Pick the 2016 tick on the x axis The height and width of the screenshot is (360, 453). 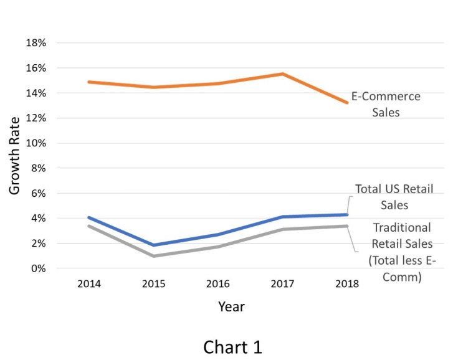(x=218, y=284)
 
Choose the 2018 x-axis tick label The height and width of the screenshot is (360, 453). (x=347, y=284)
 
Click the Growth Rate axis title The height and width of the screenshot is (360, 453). (x=15, y=156)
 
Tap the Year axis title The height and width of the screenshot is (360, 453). (x=231, y=306)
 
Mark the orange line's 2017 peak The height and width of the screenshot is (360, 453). (x=283, y=74)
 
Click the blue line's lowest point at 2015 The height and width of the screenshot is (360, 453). (x=153, y=245)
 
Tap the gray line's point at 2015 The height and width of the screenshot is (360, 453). (x=153, y=256)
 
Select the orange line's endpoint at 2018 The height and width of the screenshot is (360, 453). (x=347, y=102)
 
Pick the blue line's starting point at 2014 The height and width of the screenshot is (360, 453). (x=88, y=218)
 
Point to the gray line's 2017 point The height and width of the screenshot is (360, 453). (x=283, y=229)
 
